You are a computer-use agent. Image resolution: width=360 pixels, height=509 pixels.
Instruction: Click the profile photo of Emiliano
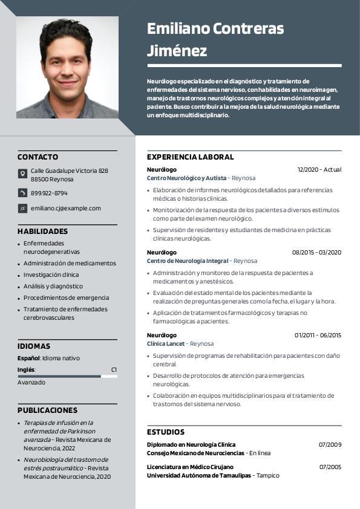point(67,66)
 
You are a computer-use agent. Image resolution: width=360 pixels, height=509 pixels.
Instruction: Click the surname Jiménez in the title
point(177,51)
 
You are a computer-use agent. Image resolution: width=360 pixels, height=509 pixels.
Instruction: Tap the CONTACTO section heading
point(38,157)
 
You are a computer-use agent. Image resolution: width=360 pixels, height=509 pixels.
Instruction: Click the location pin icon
point(22,174)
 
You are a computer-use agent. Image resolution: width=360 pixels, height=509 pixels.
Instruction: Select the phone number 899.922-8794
point(49,193)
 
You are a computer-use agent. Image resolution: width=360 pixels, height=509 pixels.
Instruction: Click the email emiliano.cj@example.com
point(66,209)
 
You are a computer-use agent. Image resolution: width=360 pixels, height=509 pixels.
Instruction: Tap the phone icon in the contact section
point(22,193)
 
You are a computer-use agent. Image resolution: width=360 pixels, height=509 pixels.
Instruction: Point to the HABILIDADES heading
point(42,232)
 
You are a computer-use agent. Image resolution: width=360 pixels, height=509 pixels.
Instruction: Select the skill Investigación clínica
point(51,275)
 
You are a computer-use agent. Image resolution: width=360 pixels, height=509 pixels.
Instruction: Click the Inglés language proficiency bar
point(67,377)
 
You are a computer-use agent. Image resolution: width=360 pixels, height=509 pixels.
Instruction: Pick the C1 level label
point(114,369)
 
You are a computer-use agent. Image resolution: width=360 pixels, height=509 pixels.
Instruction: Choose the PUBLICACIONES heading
point(47,410)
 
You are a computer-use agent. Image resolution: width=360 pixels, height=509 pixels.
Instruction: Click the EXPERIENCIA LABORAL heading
point(190,157)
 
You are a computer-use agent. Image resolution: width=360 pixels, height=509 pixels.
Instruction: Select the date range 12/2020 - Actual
point(319,170)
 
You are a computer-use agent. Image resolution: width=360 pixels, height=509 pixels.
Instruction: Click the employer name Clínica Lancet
point(166,344)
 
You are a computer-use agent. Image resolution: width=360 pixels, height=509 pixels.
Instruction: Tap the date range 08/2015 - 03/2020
point(316,253)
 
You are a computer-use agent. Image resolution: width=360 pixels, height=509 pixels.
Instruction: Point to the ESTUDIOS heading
point(166,432)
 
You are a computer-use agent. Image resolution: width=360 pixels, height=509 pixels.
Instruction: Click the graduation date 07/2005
point(330,467)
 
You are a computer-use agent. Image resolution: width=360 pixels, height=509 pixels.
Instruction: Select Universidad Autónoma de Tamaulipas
point(198,476)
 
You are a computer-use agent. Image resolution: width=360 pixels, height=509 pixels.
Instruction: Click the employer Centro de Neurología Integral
point(188,261)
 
